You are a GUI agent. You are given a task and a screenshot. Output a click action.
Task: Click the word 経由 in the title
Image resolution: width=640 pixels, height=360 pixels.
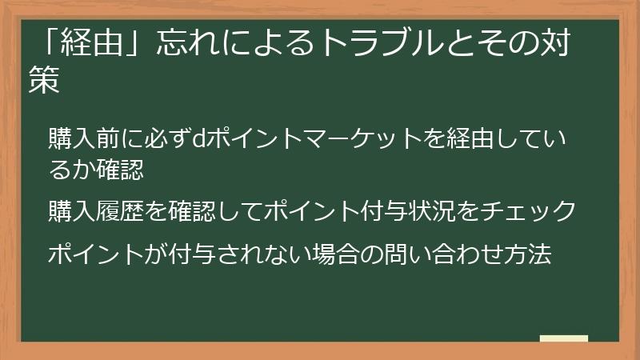(x=91, y=42)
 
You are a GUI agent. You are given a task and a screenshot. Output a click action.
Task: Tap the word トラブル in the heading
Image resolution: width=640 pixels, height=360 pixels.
(x=382, y=42)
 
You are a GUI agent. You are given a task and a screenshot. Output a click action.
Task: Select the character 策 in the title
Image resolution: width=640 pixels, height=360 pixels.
(x=44, y=79)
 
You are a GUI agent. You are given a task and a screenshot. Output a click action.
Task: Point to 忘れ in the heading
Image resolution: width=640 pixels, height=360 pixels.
(x=188, y=42)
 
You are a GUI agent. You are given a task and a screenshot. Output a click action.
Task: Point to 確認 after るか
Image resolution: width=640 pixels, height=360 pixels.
(x=121, y=169)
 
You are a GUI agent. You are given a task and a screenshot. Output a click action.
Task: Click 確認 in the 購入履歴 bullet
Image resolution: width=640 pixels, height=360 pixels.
(x=192, y=210)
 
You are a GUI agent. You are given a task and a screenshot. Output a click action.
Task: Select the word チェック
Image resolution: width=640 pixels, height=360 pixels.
(x=528, y=210)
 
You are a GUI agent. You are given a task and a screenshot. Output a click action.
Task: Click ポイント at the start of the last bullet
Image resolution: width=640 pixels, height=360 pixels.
(x=96, y=254)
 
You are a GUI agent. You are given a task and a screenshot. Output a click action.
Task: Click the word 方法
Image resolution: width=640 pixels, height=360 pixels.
(x=528, y=254)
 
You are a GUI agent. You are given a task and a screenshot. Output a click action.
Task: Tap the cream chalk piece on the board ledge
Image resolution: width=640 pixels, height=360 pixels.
(x=564, y=338)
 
